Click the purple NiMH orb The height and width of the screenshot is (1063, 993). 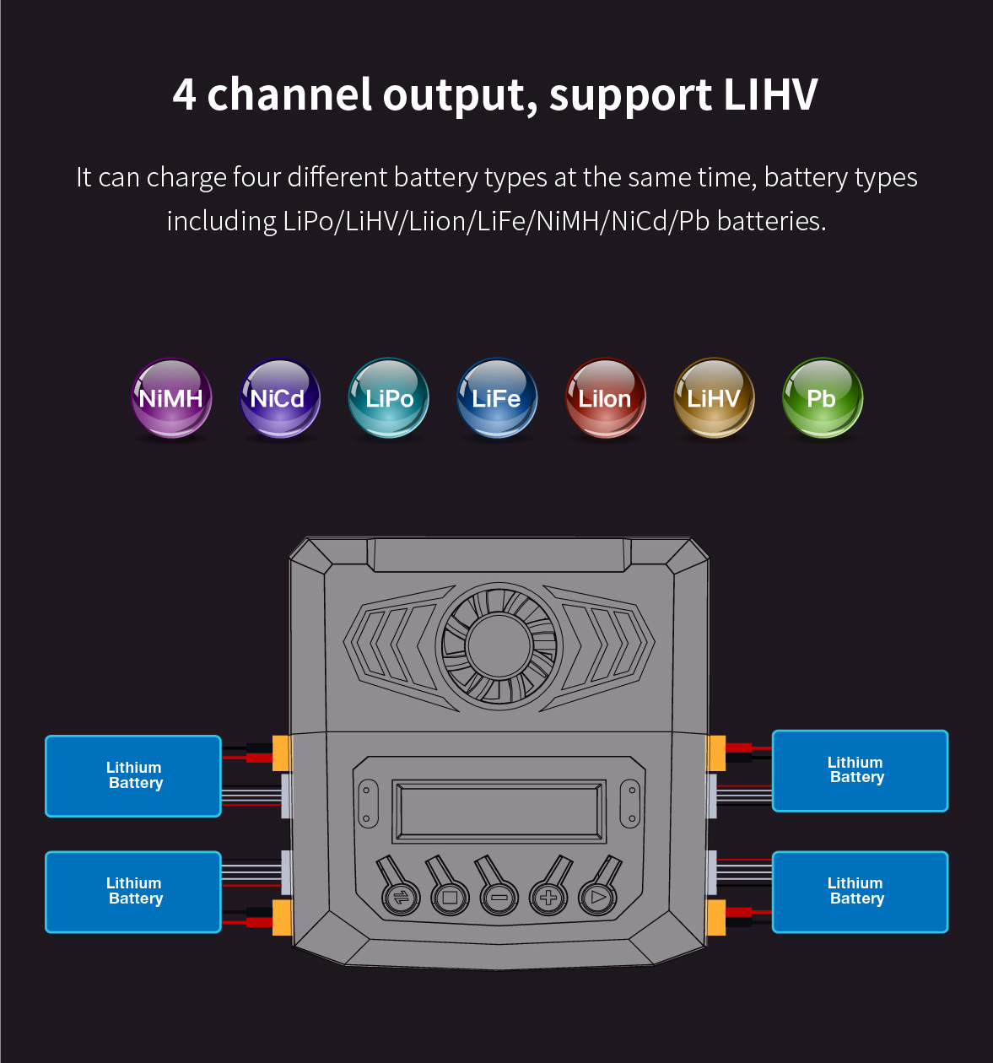[171, 398]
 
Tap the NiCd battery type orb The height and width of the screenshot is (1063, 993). [279, 398]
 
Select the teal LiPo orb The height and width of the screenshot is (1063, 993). [388, 398]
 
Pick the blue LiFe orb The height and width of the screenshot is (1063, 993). [497, 398]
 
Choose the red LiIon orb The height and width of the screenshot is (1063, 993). [605, 398]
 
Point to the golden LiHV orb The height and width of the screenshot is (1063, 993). [714, 398]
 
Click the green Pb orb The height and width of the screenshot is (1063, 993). [822, 398]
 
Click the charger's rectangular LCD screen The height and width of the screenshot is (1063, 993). [499, 811]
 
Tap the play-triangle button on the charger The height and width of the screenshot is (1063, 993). [598, 898]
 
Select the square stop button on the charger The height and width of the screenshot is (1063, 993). [450, 898]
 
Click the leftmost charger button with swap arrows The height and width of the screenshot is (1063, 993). [401, 898]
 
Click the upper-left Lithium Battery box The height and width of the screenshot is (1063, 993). [133, 776]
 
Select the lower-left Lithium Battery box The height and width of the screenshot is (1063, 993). [133, 892]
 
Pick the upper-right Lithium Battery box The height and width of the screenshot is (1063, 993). [860, 770]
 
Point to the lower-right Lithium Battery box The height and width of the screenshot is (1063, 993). [860, 892]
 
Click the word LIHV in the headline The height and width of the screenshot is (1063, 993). [770, 94]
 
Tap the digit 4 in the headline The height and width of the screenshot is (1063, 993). [185, 94]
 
